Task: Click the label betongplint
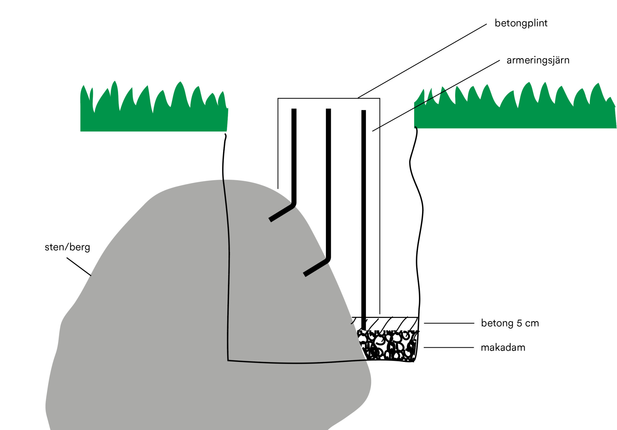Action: click(x=521, y=24)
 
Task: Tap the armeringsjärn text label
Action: click(x=538, y=61)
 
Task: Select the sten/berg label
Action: click(x=67, y=247)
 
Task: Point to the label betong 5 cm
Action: click(x=510, y=323)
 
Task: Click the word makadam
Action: click(x=503, y=348)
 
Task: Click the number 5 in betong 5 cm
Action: click(x=519, y=323)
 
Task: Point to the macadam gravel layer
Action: click(x=389, y=347)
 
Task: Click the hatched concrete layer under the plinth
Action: click(x=389, y=324)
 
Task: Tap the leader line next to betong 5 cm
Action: click(x=449, y=323)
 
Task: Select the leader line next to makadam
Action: click(x=449, y=347)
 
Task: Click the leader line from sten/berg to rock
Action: click(x=79, y=267)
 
